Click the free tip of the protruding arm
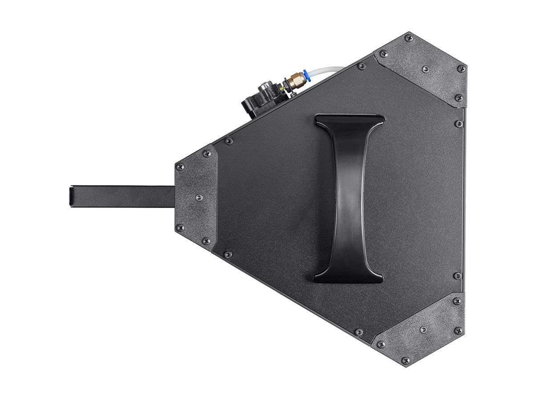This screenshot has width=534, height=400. [72, 196]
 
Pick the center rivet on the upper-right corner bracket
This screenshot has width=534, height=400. [425, 69]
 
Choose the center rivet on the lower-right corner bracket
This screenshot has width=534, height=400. [423, 329]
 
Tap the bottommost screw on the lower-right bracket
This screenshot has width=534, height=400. [405, 360]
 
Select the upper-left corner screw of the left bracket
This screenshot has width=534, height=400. [180, 167]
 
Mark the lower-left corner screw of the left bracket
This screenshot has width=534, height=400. [180, 228]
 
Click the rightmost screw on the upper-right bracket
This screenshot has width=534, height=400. [461, 69]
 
